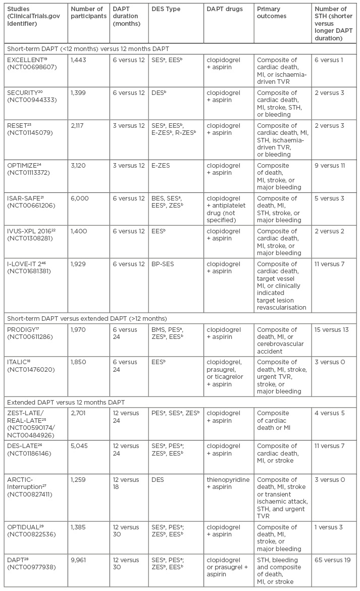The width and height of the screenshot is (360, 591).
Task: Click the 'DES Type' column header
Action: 167,9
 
